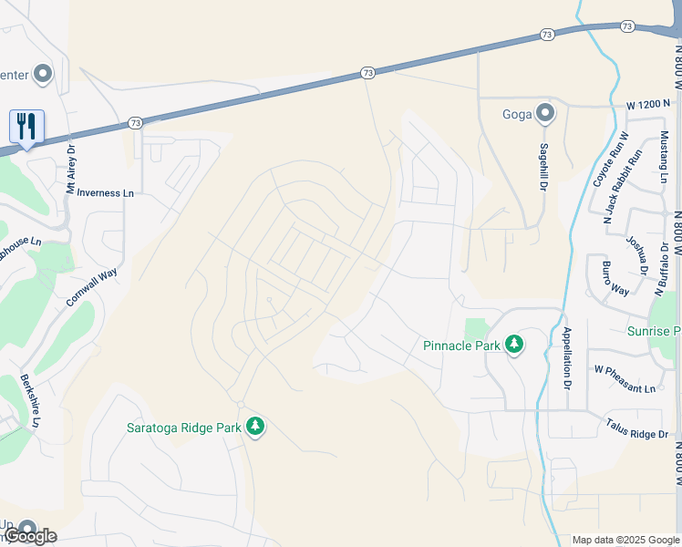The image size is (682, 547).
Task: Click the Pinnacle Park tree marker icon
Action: pos(515,345)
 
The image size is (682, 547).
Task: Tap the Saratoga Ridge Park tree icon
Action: pos(256,426)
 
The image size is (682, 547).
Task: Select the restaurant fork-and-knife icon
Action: pos(26,126)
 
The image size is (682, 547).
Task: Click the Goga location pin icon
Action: pos(545,114)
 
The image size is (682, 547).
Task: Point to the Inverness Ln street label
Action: pos(106,193)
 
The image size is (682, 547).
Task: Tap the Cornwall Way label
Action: pos(91,288)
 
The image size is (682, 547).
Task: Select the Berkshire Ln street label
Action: pos(29,400)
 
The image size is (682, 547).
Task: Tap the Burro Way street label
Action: pos(615,277)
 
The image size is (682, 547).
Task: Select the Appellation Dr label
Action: pos(566,359)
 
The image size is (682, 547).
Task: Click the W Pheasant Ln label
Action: pos(625,390)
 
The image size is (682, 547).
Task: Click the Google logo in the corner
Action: pos(30,536)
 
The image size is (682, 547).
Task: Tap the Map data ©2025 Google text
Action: pos(625,540)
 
